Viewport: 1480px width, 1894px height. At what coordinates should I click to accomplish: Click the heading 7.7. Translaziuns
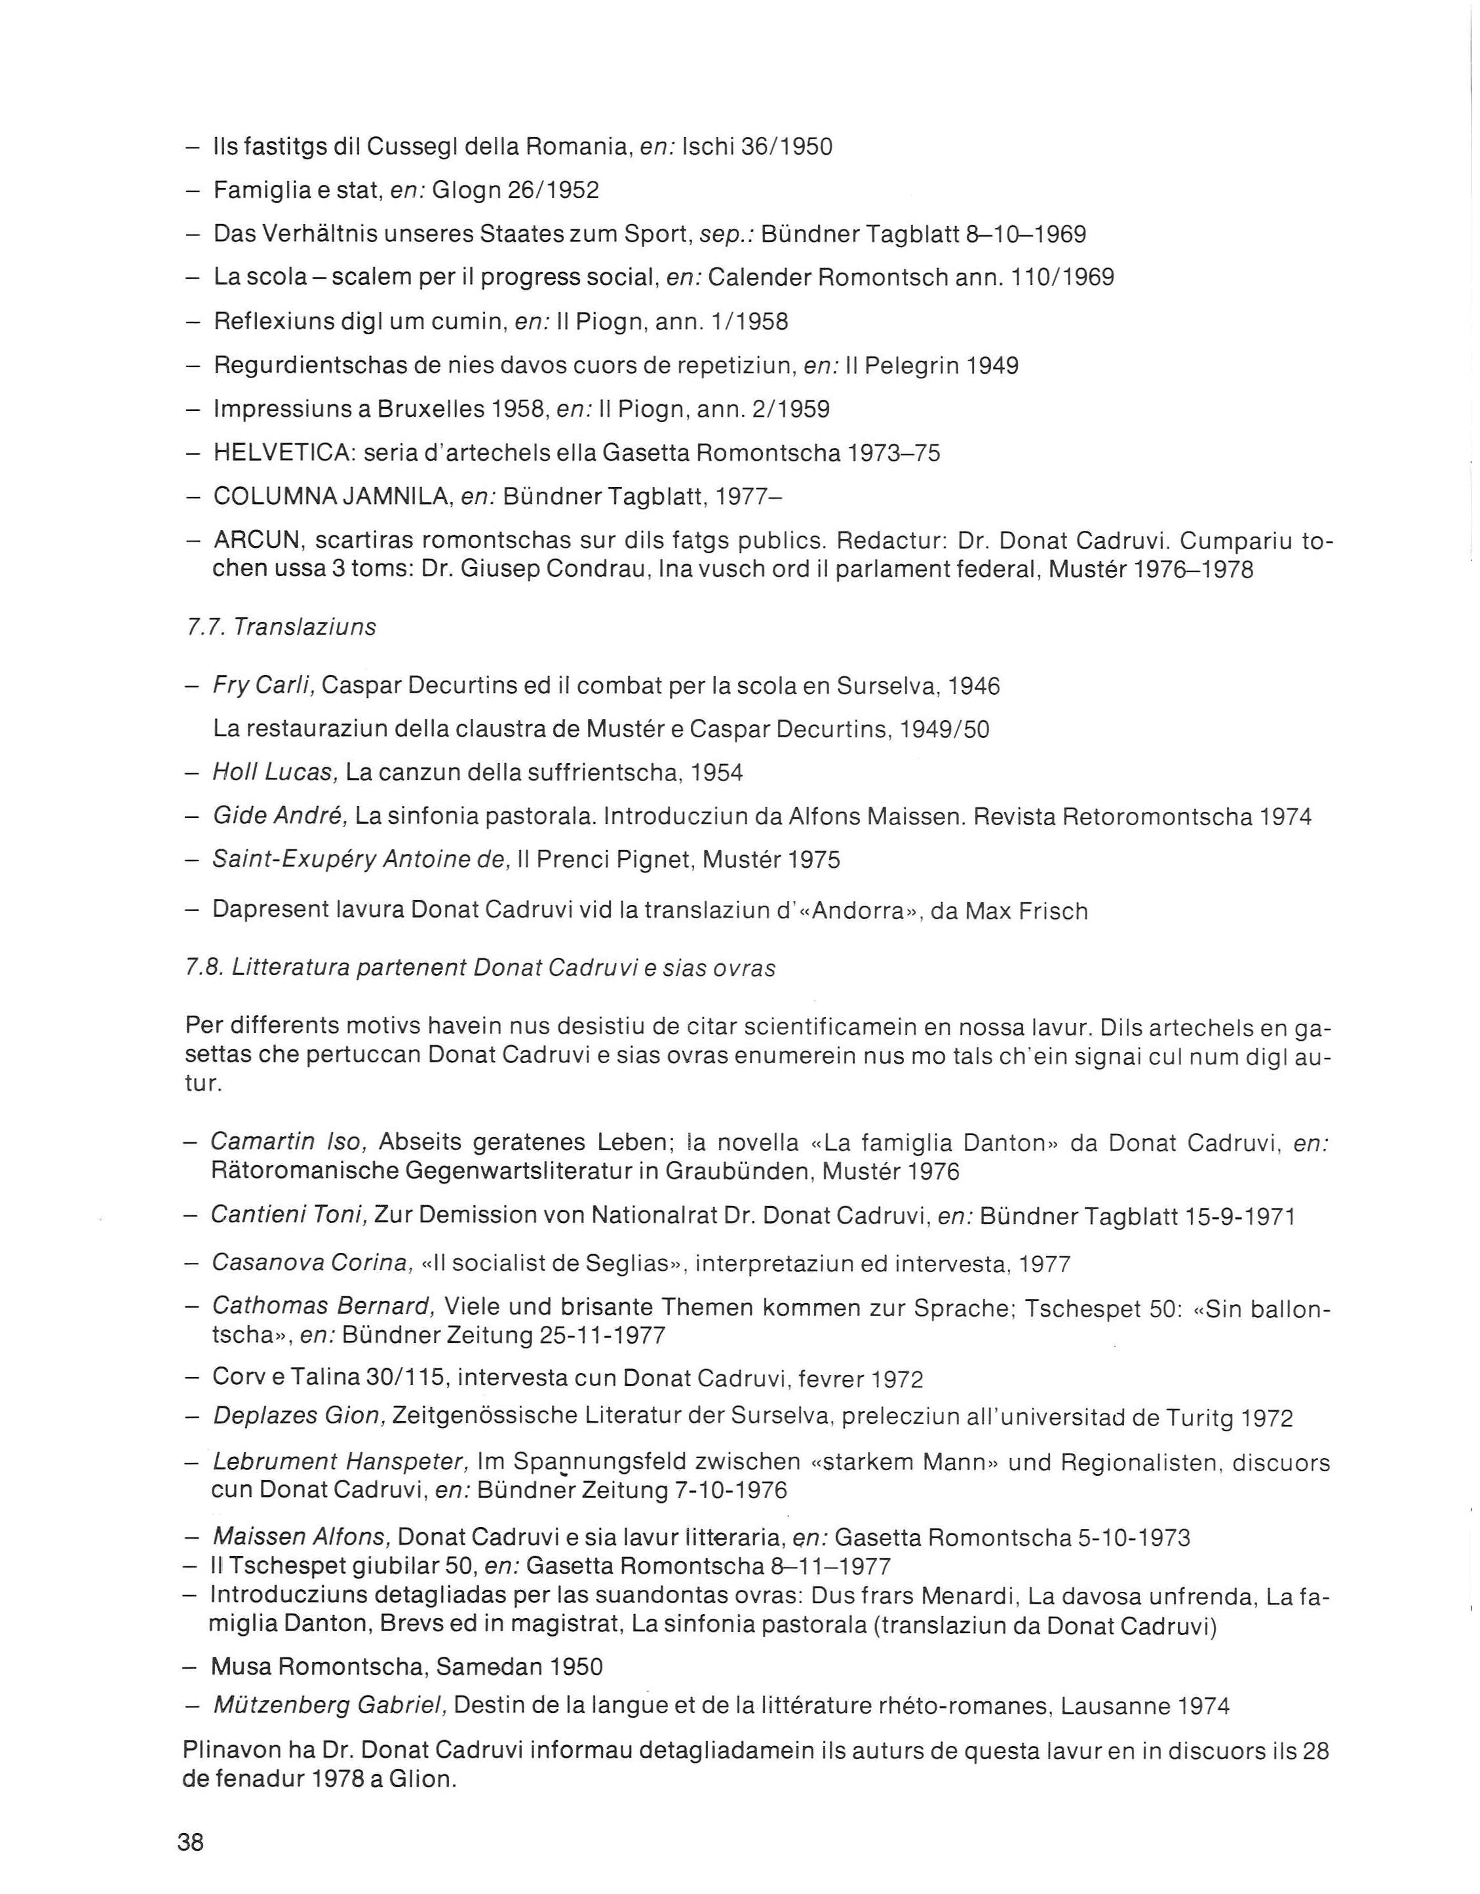281,627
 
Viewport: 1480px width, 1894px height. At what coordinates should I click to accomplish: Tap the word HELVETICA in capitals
282,453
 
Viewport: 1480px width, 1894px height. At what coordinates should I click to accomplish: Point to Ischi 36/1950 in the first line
757,147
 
